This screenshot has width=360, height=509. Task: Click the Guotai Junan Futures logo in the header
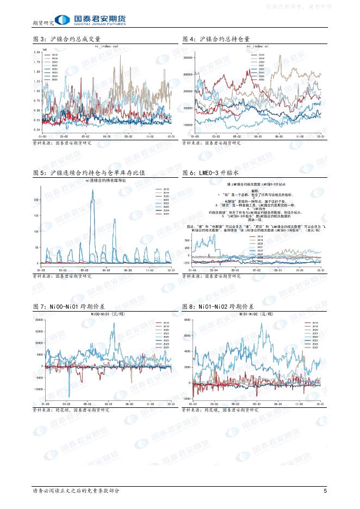[x=92, y=20]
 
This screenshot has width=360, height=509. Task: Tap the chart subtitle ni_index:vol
[x=106, y=47]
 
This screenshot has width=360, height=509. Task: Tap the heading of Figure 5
[x=89, y=172]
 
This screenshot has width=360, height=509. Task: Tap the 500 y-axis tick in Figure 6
[x=188, y=240]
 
